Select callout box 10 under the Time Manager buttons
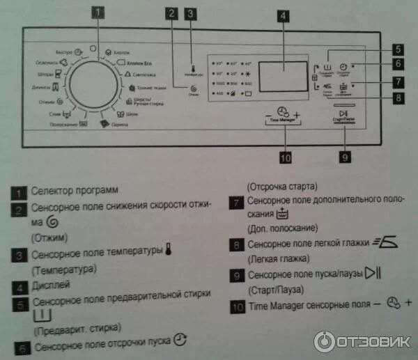(x=284, y=157)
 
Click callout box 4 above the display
(x=283, y=16)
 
